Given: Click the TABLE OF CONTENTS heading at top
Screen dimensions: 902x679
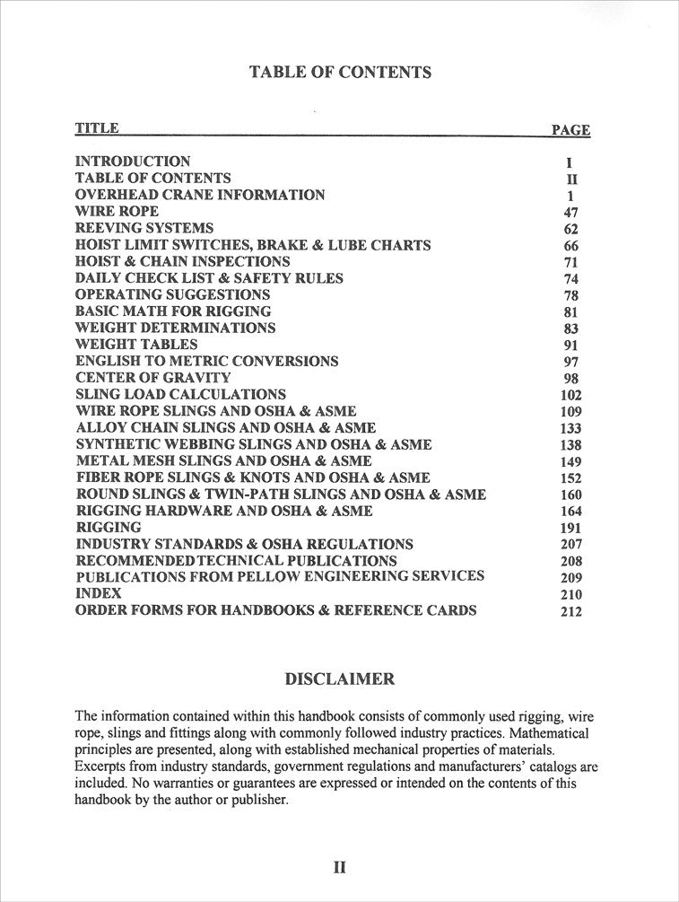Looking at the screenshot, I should pos(340,72).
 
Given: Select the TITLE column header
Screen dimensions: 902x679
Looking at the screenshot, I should pos(96,127).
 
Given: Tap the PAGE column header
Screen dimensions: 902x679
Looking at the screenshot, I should pos(570,129).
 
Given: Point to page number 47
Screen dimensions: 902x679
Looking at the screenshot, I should pos(571,213).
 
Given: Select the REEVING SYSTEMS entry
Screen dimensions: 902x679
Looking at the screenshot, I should pos(144,228).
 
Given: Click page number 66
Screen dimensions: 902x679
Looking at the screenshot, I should pos(571,246).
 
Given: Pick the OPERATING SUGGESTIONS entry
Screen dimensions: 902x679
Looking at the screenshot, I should pos(172,294).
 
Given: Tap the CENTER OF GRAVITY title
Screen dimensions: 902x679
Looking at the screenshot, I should pos(152,378).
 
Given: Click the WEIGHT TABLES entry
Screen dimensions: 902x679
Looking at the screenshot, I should pos(136,344).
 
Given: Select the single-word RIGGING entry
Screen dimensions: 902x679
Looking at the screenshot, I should pos(108,527).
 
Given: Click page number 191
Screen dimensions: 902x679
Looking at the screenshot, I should pos(570,528).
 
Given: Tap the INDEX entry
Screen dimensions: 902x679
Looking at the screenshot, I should pos(98,593).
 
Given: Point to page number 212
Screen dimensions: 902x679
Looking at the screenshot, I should pos(570,611).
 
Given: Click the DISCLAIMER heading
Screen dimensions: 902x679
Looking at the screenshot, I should pos(339,679).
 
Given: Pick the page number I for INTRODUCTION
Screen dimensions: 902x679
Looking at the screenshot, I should pos(570,163).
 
